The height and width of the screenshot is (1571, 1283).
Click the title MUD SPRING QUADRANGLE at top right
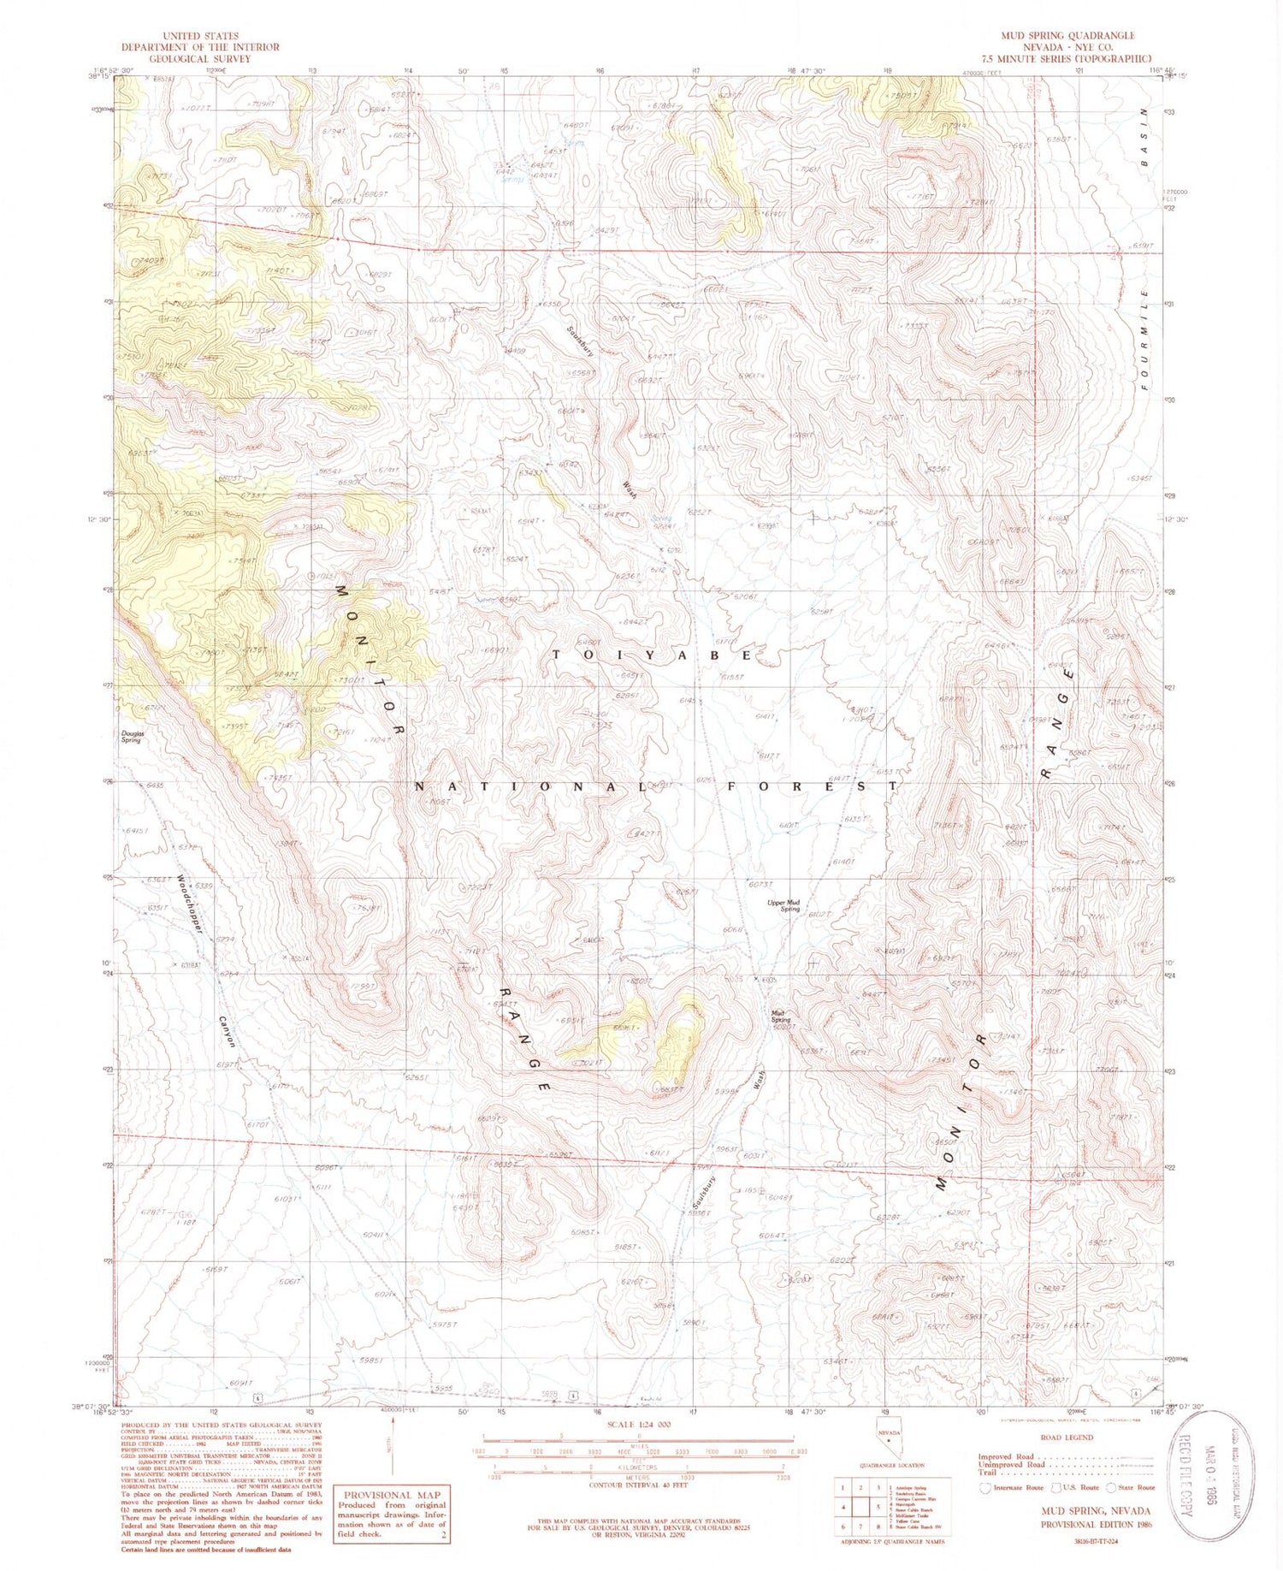tap(1068, 35)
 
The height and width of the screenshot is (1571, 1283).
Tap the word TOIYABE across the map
tap(653, 655)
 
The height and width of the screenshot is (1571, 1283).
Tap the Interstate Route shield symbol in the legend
tap(986, 1488)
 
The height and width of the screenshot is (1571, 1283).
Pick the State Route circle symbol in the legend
tap(1113, 1488)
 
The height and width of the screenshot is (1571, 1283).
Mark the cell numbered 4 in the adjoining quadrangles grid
tap(846, 1507)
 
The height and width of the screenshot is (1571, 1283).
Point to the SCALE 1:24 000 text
tap(640, 1424)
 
